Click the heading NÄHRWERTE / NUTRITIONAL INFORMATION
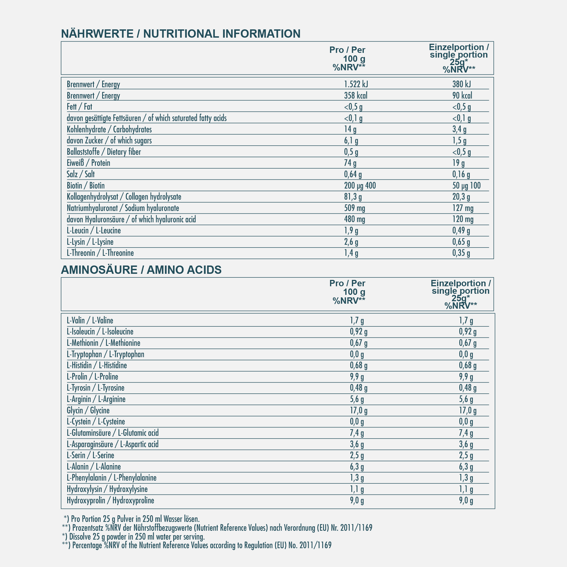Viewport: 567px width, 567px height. [x=181, y=34]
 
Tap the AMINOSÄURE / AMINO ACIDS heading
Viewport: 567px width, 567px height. [x=141, y=270]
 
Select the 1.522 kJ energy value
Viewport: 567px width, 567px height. [x=356, y=84]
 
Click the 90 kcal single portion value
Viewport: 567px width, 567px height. [x=462, y=96]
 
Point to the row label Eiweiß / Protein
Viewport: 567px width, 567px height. [x=88, y=163]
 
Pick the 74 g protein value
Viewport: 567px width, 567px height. [x=350, y=163]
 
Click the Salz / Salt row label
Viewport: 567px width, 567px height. [x=81, y=174]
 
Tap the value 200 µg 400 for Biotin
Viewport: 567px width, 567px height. [x=360, y=186]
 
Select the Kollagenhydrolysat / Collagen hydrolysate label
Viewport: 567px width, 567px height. [x=124, y=197]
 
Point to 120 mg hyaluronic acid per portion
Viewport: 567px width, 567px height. [x=463, y=219]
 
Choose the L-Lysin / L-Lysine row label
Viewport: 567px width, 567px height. [x=90, y=242]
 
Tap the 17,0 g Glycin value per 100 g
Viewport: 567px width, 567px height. [x=359, y=411]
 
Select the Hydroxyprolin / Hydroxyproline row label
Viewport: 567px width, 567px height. [x=110, y=500]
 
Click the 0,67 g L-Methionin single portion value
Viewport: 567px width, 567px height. [x=468, y=343]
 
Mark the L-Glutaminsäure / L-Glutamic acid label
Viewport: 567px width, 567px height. [x=113, y=433]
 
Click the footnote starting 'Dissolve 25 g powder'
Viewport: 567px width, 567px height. [x=133, y=537]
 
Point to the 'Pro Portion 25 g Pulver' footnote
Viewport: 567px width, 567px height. [x=132, y=519]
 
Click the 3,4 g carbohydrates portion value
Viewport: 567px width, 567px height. [x=459, y=129]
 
